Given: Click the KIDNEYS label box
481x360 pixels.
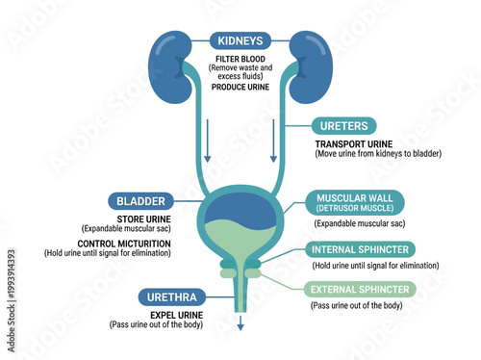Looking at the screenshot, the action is [x=240, y=41].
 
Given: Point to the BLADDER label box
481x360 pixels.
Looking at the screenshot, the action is [x=141, y=202].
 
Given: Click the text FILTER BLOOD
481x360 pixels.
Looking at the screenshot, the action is [x=240, y=59].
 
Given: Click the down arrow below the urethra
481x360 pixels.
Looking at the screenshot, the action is [x=240, y=324].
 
